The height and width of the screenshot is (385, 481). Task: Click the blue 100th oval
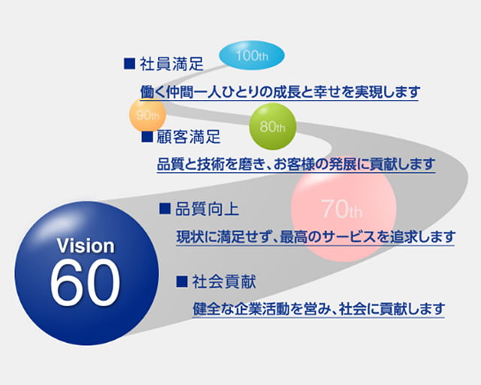click(252, 56)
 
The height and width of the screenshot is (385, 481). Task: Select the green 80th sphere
click(272, 126)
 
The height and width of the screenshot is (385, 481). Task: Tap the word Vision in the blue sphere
click(86, 246)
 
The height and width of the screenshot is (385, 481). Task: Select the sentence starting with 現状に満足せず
click(316, 237)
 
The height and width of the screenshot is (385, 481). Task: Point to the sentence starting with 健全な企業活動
click(319, 308)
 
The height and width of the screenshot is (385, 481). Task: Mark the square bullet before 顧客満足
click(147, 138)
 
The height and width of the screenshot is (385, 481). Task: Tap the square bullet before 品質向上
click(165, 208)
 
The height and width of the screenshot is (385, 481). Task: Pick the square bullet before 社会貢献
click(181, 282)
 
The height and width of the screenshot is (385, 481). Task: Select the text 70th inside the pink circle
click(341, 208)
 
